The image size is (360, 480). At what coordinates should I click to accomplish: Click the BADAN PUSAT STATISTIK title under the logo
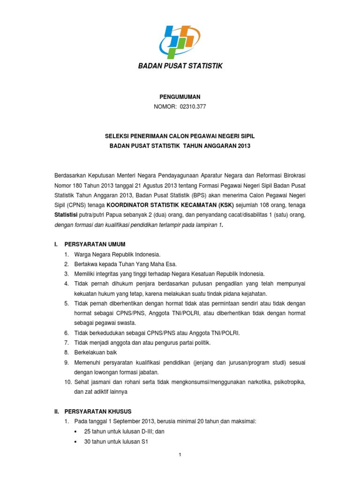pos(180,67)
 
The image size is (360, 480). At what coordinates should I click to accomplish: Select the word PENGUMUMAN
pos(180,97)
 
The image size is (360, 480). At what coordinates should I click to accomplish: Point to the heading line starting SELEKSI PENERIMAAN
pos(180,135)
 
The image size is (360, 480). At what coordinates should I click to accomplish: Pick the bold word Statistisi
pos(66,215)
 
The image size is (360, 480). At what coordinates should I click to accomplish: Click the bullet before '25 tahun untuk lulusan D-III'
pos(76,431)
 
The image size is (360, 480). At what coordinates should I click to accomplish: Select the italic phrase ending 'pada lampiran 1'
pos(139,225)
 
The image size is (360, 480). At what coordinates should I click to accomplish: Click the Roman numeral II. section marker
pos(58,411)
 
